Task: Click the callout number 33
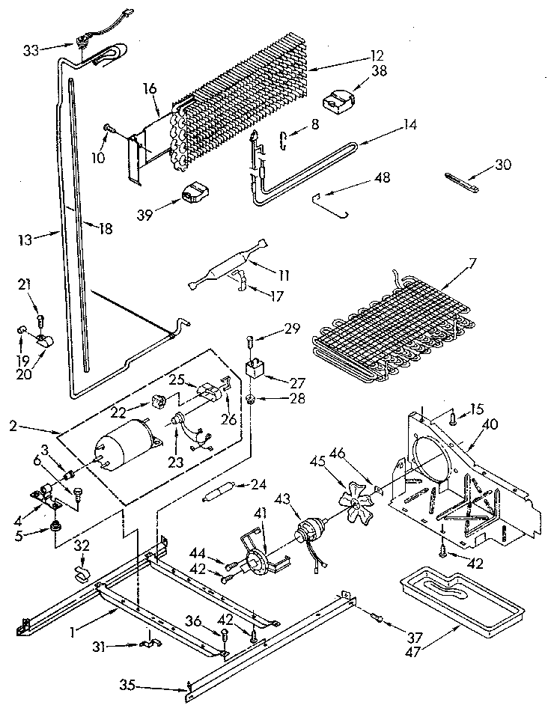click(x=31, y=50)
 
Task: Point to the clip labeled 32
click(x=82, y=575)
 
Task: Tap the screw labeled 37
click(x=377, y=617)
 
